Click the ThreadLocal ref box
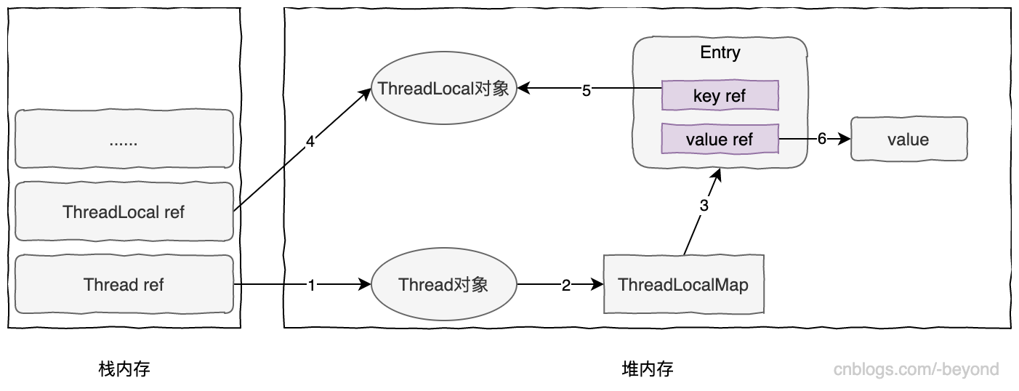coord(124,211)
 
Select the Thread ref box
coord(124,284)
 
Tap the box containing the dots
coord(124,140)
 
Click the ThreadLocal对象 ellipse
coord(444,89)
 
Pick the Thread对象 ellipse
coord(443,284)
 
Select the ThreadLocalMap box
coord(683,284)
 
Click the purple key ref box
coord(720,95)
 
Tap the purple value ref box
coord(720,139)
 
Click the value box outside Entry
coord(908,139)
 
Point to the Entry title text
coord(720,52)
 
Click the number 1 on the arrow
coord(312,286)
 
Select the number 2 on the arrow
coord(566,286)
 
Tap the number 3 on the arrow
coord(704,206)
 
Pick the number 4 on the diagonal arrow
coord(310,142)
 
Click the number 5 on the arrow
coord(587,91)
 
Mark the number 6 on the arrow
coord(822,139)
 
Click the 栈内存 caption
coord(124,369)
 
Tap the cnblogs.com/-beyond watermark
coord(916,369)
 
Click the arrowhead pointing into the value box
coord(845,139)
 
